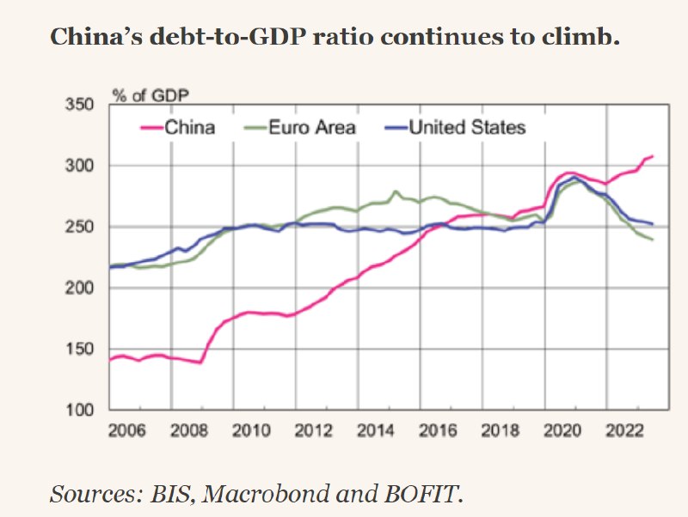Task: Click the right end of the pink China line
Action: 653,156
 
